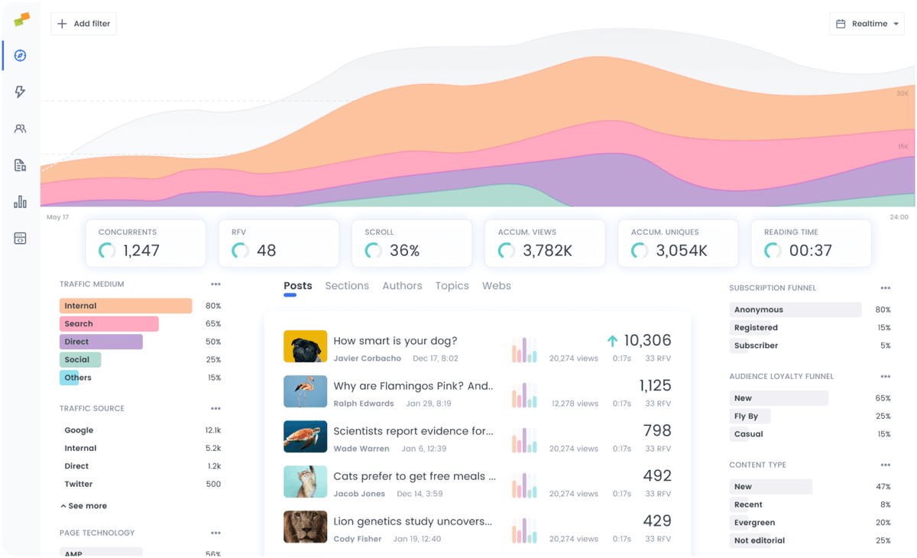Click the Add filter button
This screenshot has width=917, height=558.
click(83, 24)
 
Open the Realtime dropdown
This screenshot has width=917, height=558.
click(867, 24)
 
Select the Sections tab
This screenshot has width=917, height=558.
click(347, 286)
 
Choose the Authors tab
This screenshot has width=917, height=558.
click(402, 286)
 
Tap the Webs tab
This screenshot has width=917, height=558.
click(496, 286)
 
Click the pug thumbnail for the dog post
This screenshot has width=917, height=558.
click(305, 346)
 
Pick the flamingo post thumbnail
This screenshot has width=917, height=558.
click(305, 391)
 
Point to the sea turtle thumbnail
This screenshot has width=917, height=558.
click(305, 436)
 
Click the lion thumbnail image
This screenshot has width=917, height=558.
click(305, 527)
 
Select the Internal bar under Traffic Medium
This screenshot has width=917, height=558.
click(125, 306)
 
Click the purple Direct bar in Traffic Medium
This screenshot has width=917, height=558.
click(101, 342)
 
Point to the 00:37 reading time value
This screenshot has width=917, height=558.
click(810, 251)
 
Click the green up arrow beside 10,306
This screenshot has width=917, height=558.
click(612, 341)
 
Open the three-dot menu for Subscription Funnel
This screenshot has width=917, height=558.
click(885, 288)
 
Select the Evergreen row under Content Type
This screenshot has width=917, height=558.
click(754, 523)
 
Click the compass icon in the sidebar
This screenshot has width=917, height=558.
click(21, 56)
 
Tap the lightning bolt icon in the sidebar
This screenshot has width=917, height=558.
click(21, 92)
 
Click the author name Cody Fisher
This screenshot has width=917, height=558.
click(357, 539)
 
